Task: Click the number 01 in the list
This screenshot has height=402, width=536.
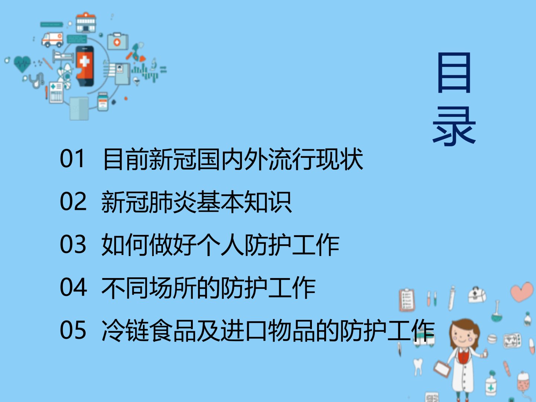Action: [x=72, y=159]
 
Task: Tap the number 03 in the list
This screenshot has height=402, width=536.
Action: [x=73, y=244]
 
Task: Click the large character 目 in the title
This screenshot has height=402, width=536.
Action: [x=454, y=73]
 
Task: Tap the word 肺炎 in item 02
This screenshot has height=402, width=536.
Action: [x=173, y=202]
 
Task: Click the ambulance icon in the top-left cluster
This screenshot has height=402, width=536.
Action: [x=52, y=39]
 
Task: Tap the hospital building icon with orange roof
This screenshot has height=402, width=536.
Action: [x=86, y=22]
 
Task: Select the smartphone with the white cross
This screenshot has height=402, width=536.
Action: [x=84, y=66]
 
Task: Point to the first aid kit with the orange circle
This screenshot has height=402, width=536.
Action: [x=118, y=41]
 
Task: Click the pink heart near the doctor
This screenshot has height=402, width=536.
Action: [x=521, y=292]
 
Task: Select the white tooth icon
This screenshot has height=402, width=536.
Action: [x=418, y=366]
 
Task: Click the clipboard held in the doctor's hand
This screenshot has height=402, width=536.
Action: [x=442, y=369]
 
